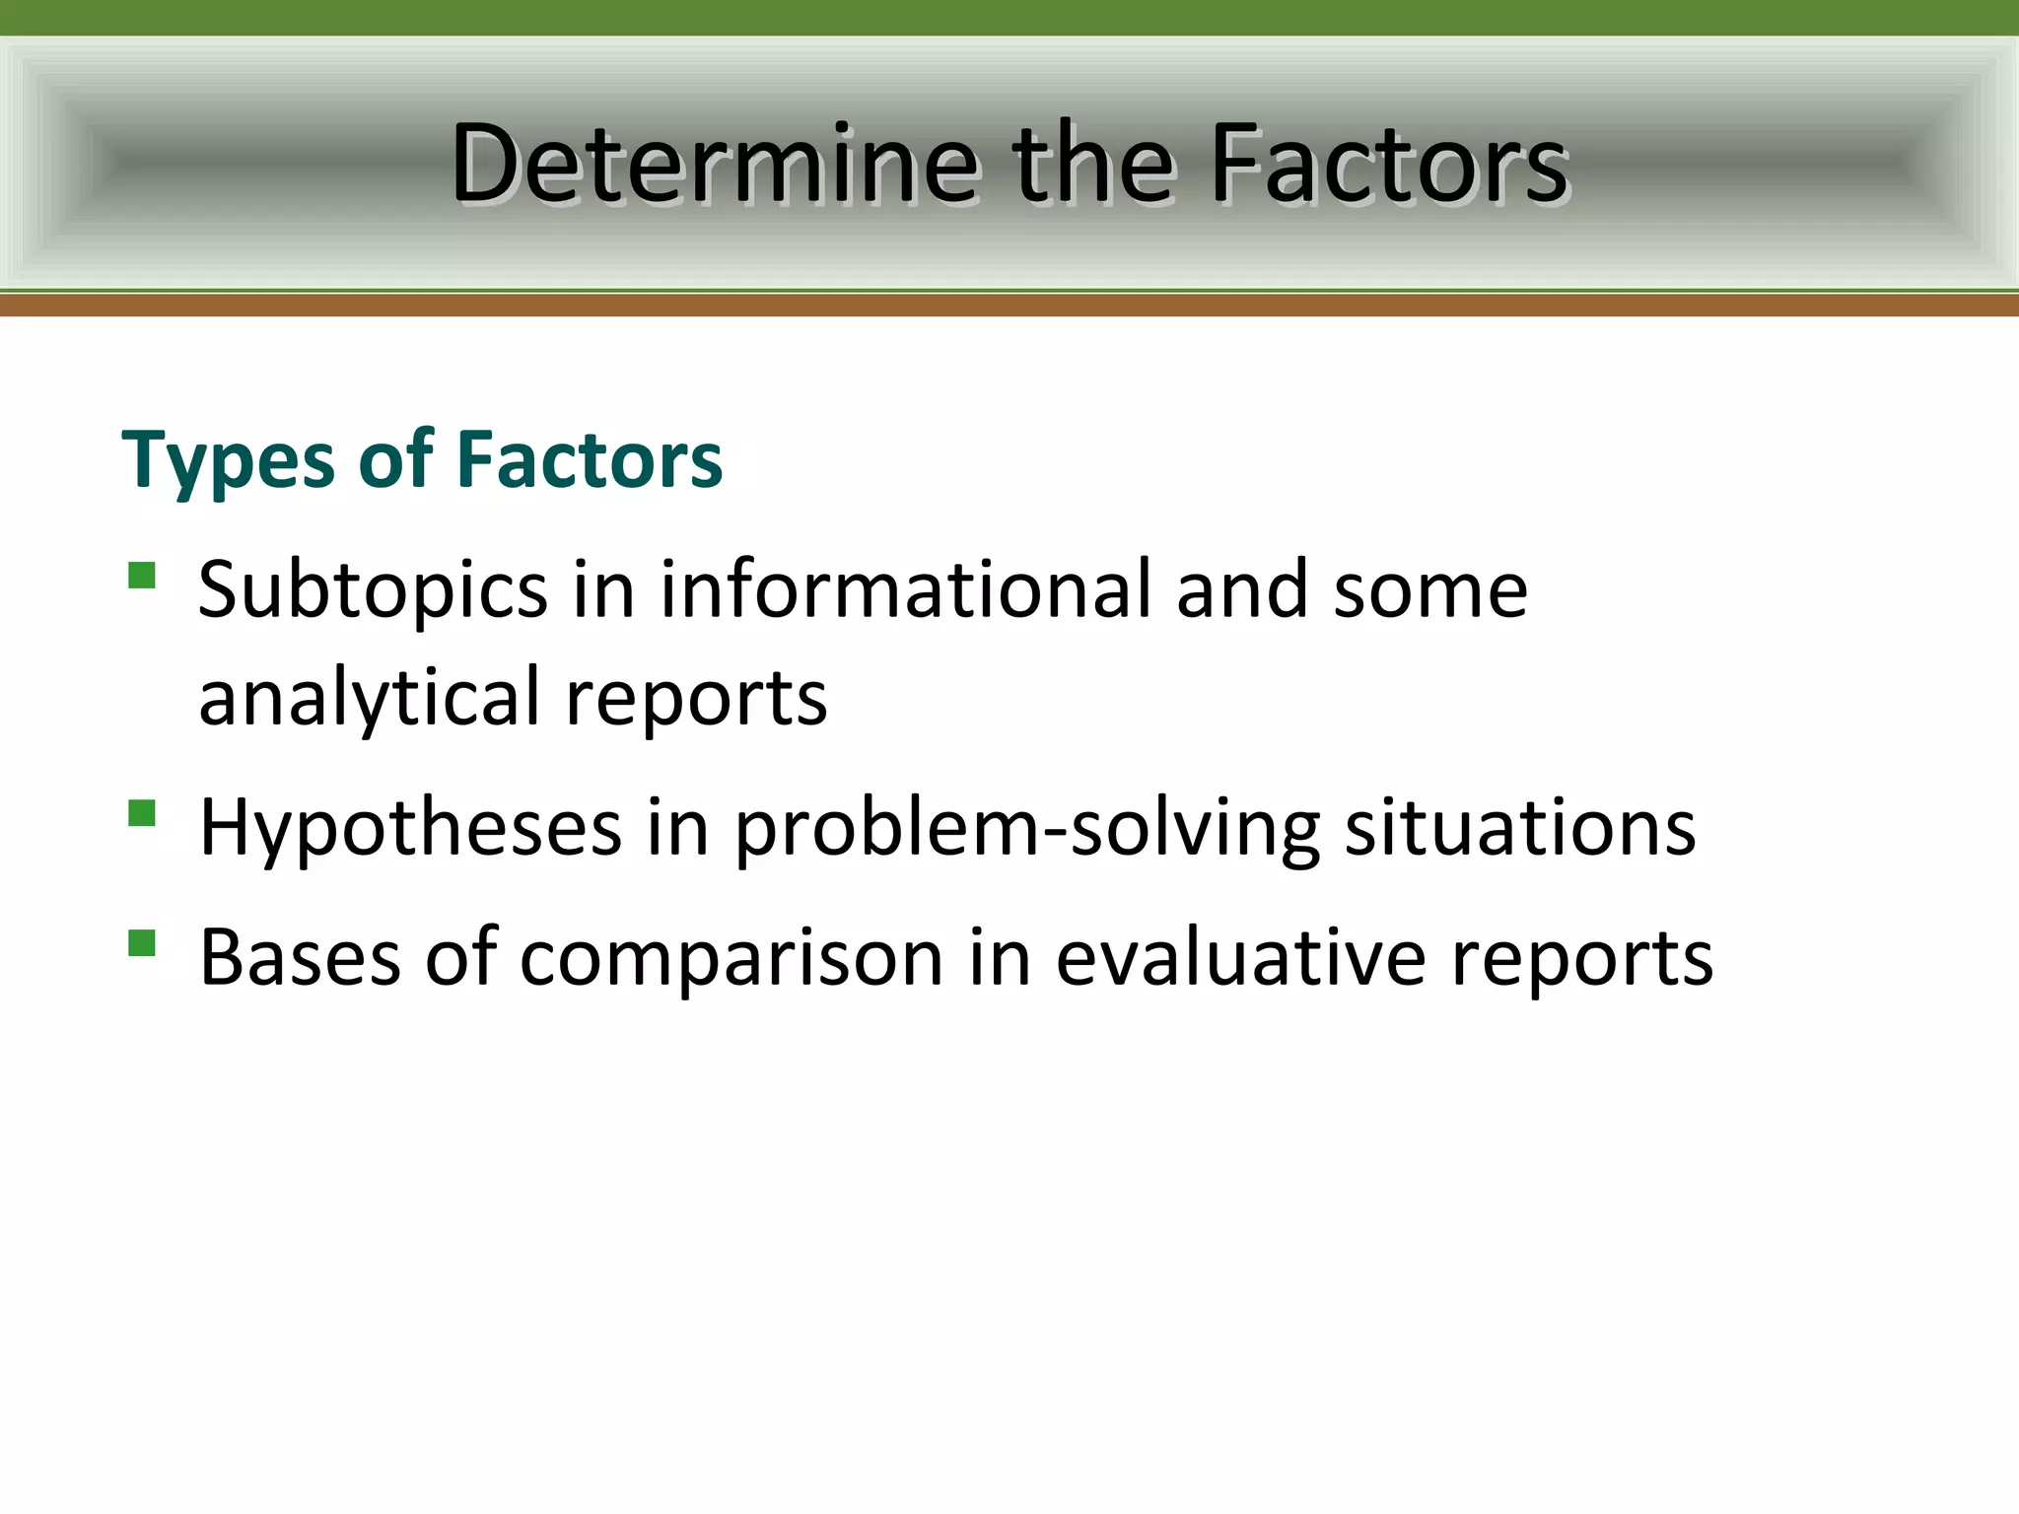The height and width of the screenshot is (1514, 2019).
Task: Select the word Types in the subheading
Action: pyautogui.click(x=228, y=461)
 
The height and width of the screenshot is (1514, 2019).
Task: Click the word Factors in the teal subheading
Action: pyautogui.click(x=589, y=459)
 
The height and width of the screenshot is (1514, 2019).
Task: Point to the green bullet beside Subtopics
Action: pyautogui.click(x=142, y=575)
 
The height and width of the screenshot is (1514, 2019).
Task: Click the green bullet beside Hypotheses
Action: pyautogui.click(x=142, y=812)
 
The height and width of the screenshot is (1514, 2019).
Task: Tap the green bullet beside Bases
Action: pyautogui.click(x=142, y=943)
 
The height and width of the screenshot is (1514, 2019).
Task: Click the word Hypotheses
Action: pyautogui.click(x=410, y=828)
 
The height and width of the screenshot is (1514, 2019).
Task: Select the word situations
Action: pyautogui.click(x=1519, y=828)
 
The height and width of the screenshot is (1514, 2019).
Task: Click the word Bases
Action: pyautogui.click(x=300, y=958)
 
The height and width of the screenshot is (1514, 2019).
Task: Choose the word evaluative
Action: pyautogui.click(x=1240, y=958)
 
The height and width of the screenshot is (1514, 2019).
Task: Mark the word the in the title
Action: pyautogui.click(x=1092, y=164)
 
